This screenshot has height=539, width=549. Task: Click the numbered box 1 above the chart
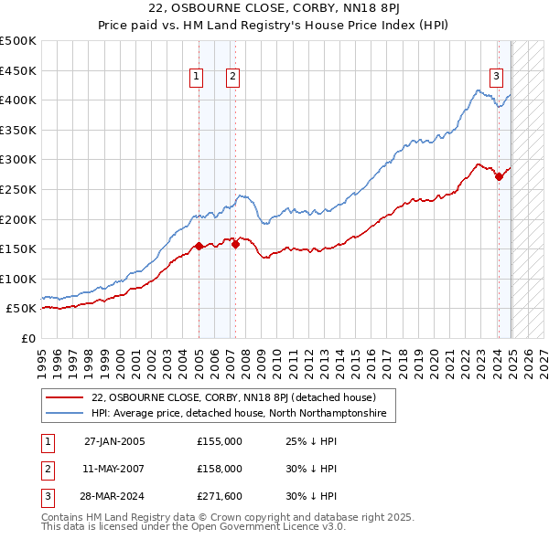[x=197, y=78]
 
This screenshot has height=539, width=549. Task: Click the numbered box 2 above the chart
[x=233, y=78]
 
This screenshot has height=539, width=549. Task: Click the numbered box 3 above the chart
[x=496, y=78]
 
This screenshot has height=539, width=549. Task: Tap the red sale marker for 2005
[x=199, y=246]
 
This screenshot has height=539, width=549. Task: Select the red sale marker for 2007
[x=235, y=244]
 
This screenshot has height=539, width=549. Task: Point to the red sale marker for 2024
[x=499, y=176]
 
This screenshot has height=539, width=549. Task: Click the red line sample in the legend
[x=63, y=397]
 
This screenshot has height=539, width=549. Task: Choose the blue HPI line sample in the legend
[x=63, y=413]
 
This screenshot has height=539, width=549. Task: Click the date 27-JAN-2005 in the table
[x=114, y=441]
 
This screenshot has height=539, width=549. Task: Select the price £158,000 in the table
[x=220, y=469]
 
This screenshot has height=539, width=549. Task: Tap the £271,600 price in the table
[x=220, y=497]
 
